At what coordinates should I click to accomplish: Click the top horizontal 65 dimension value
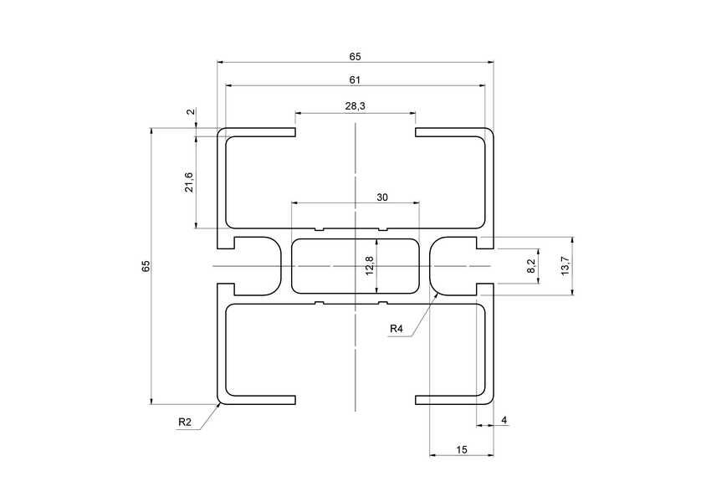click(x=355, y=56)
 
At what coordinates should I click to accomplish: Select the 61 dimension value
click(x=355, y=80)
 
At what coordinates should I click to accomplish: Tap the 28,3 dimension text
click(x=355, y=106)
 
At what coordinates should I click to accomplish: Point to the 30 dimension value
click(x=382, y=197)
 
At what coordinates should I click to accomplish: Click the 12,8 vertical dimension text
click(x=370, y=265)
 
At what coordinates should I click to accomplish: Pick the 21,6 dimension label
click(x=189, y=182)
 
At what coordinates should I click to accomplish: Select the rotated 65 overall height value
click(x=146, y=266)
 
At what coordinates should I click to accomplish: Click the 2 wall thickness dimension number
click(x=190, y=112)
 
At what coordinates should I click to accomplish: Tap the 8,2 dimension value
click(x=531, y=266)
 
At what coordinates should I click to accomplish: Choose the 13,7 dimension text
click(x=565, y=266)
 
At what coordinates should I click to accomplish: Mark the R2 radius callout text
click(x=185, y=423)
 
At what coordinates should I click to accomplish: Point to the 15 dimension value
click(x=462, y=450)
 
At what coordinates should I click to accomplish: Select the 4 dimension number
click(x=504, y=419)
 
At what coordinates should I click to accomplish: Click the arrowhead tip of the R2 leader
click(x=221, y=402)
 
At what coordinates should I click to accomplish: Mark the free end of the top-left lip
click(x=295, y=132)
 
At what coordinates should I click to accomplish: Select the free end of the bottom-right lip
click(x=417, y=398)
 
